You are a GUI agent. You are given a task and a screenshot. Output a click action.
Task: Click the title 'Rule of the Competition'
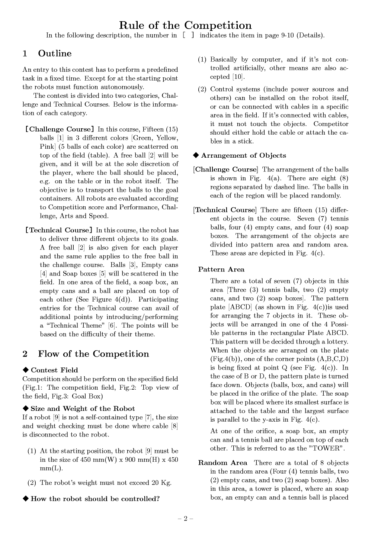(x=185, y=25)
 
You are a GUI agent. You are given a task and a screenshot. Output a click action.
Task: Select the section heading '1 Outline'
(x=47, y=54)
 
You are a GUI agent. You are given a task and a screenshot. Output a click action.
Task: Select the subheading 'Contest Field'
(x=54, y=370)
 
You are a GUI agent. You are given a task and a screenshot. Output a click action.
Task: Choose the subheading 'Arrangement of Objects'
(x=243, y=155)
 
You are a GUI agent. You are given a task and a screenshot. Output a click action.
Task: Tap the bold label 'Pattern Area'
(x=221, y=270)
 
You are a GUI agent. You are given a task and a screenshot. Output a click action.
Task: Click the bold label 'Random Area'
(x=222, y=463)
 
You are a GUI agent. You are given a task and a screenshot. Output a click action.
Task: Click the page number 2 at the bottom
(x=185, y=518)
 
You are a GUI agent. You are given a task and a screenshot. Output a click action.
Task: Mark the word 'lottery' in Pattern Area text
(x=336, y=342)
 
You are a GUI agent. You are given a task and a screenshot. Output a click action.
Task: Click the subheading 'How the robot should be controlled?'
(x=95, y=499)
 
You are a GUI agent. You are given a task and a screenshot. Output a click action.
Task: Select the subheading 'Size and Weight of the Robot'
(x=83, y=409)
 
